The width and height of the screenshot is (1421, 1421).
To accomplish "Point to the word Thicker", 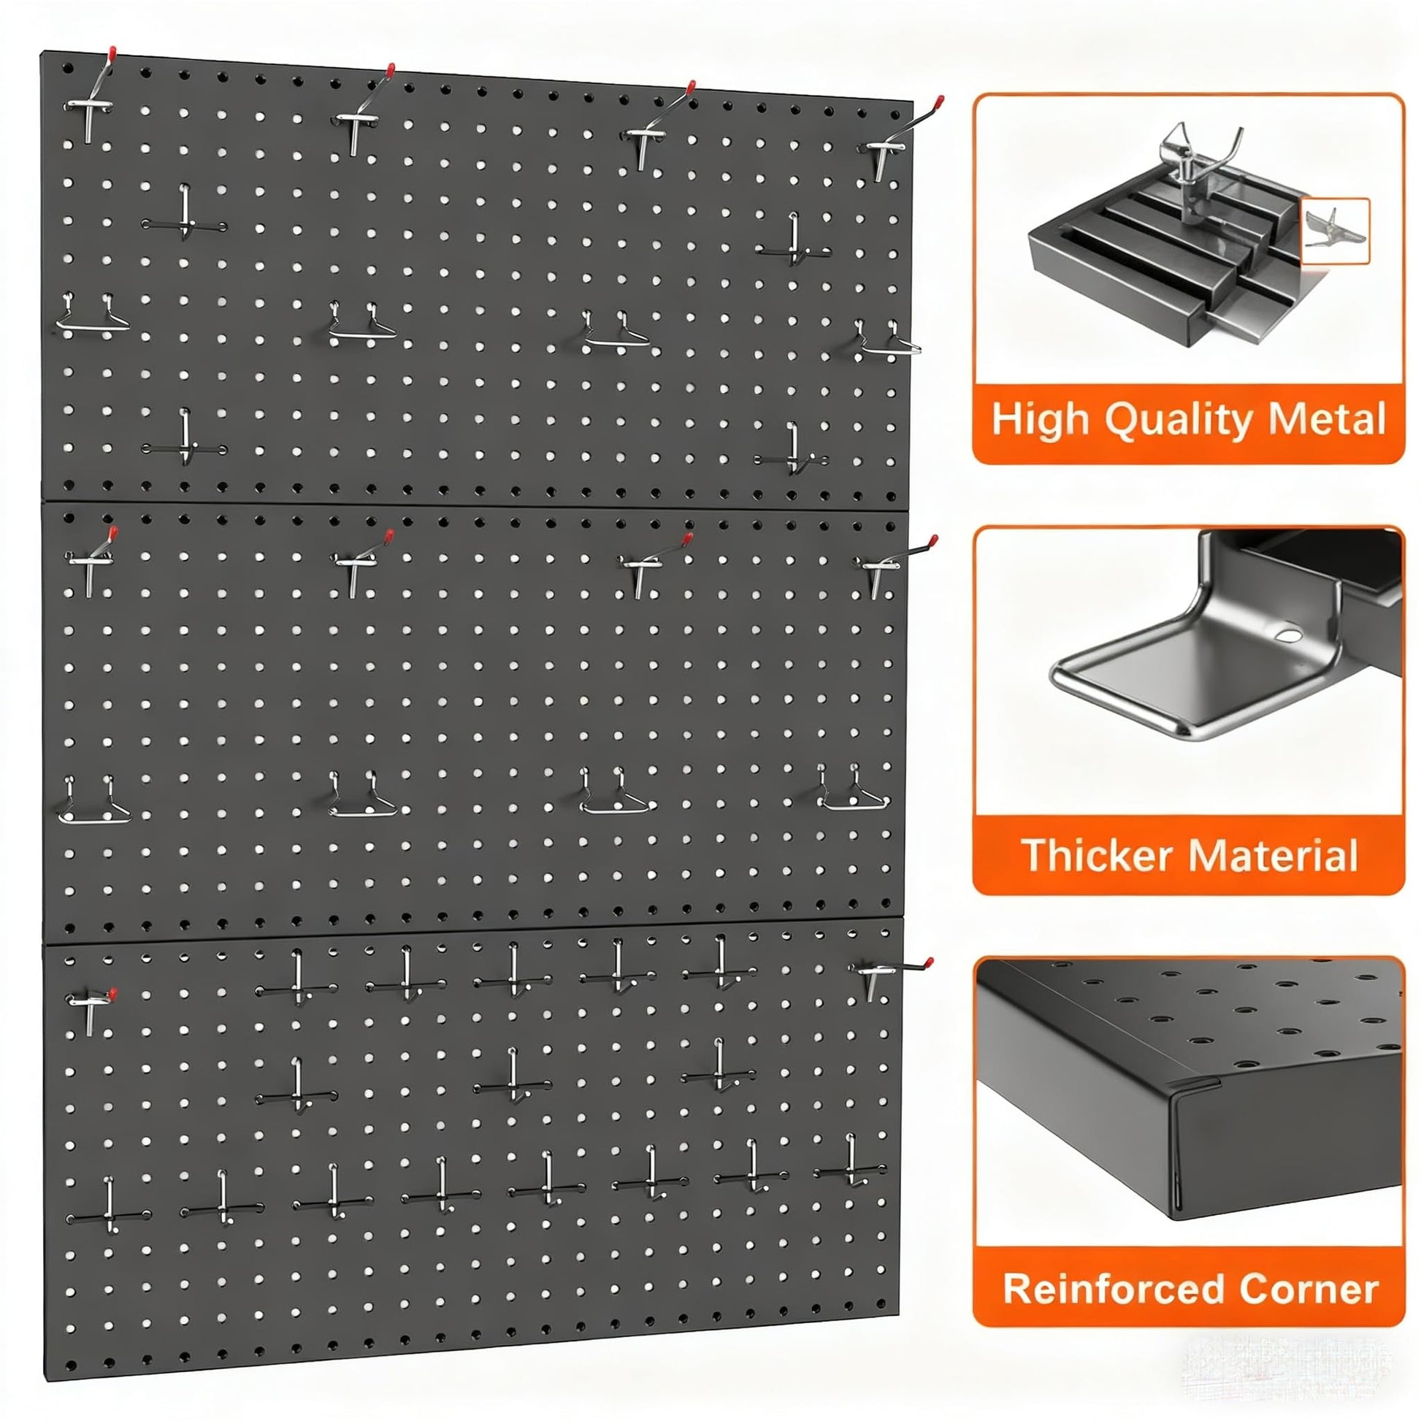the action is [x=1098, y=854].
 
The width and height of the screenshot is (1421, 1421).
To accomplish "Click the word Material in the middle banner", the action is [x=1273, y=854].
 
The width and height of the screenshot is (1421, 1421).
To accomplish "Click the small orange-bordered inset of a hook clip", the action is [x=1335, y=231].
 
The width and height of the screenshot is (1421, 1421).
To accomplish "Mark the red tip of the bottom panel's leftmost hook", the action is [x=112, y=994].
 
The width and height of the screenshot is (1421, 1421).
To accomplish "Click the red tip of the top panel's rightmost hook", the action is [x=938, y=101].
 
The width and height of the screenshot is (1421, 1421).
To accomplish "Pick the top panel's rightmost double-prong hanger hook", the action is [x=888, y=339].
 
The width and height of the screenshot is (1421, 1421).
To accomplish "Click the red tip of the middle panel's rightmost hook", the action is [x=933, y=542].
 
